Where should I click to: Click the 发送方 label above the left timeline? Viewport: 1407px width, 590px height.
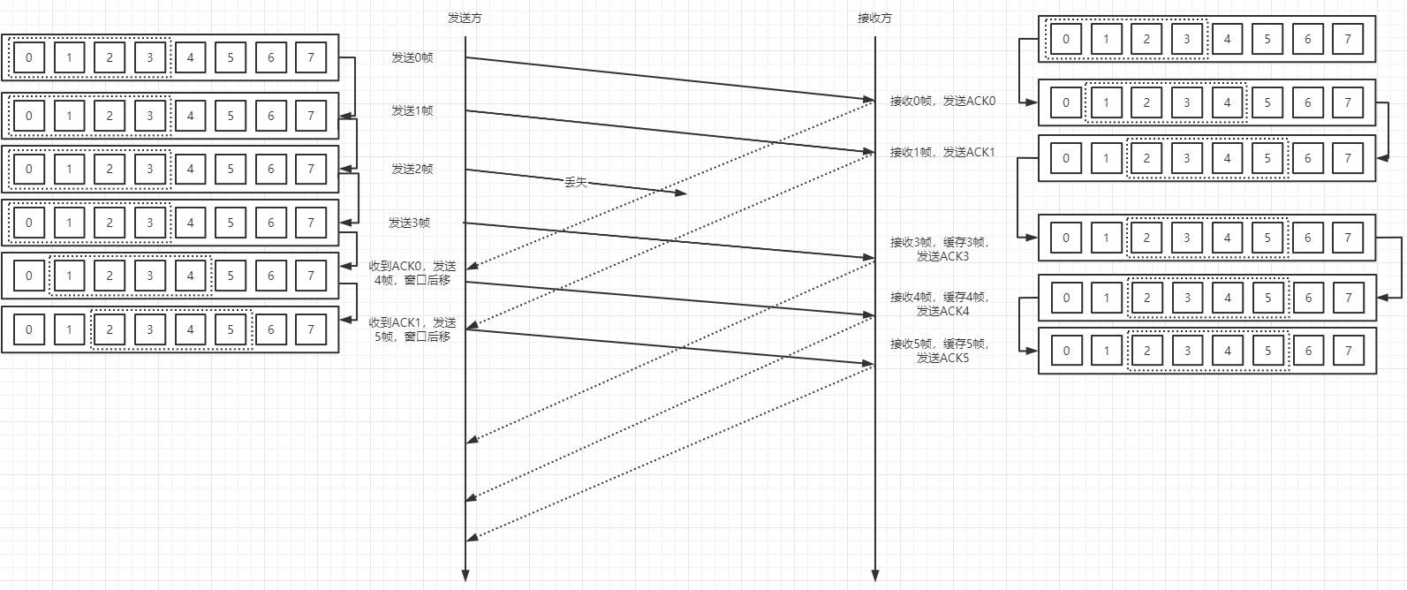[465, 18]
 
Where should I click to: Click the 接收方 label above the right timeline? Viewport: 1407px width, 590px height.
[874, 18]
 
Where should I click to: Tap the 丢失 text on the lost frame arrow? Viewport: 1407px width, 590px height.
[575, 182]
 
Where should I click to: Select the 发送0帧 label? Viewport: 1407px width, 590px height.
[412, 57]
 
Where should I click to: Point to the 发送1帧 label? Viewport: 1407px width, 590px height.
[412, 110]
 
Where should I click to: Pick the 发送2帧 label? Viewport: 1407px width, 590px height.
[412, 169]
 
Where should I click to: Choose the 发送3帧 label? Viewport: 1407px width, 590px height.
[410, 223]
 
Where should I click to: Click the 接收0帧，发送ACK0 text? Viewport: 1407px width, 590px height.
[942, 101]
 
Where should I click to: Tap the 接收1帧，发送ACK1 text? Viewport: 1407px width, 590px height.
[942, 152]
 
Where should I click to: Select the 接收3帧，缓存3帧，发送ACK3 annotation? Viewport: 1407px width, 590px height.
[940, 249]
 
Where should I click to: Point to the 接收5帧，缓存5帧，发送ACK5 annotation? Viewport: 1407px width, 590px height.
[940, 351]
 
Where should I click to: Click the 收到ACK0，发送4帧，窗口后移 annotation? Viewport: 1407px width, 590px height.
[412, 273]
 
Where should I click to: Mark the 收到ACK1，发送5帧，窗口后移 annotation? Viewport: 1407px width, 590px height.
[412, 329]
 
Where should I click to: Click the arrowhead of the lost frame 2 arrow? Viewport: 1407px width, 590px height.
[681, 193]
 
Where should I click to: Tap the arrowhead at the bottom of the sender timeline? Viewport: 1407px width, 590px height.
[465, 577]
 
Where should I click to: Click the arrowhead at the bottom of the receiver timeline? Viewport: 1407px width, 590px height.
[874, 577]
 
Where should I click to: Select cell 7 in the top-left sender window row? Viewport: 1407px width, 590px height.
[311, 58]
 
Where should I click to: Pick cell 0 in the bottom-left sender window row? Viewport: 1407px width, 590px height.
[29, 329]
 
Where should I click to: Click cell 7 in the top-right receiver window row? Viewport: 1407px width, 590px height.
[1348, 39]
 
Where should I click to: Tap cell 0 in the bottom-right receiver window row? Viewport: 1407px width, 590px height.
[1066, 351]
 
